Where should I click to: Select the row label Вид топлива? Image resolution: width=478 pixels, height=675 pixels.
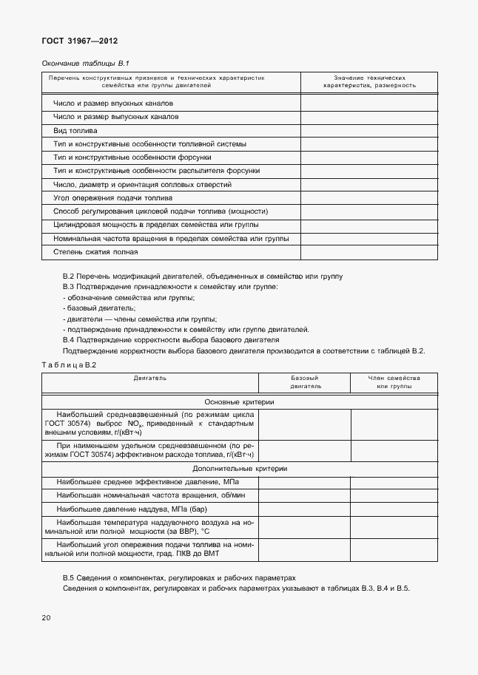pyautogui.click(x=75, y=130)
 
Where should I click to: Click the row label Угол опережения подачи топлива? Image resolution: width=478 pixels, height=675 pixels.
pyautogui.click(x=112, y=198)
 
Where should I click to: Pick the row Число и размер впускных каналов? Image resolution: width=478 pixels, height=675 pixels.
pyautogui.click(x=112, y=104)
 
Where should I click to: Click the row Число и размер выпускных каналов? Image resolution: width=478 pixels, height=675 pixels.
pyautogui.click(x=115, y=117)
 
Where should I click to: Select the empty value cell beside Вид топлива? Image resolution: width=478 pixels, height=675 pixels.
pyautogui.click(x=368, y=130)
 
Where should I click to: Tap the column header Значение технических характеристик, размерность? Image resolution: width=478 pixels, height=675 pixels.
pyautogui.click(x=368, y=81)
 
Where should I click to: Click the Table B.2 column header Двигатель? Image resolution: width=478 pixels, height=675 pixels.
pyautogui.click(x=150, y=378)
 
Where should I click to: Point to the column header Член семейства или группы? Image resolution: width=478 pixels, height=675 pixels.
pyautogui.click(x=394, y=381)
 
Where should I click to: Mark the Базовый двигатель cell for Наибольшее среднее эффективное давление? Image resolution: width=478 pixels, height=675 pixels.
pyautogui.click(x=304, y=482)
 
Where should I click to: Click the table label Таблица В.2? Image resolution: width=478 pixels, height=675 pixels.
pyautogui.click(x=69, y=364)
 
